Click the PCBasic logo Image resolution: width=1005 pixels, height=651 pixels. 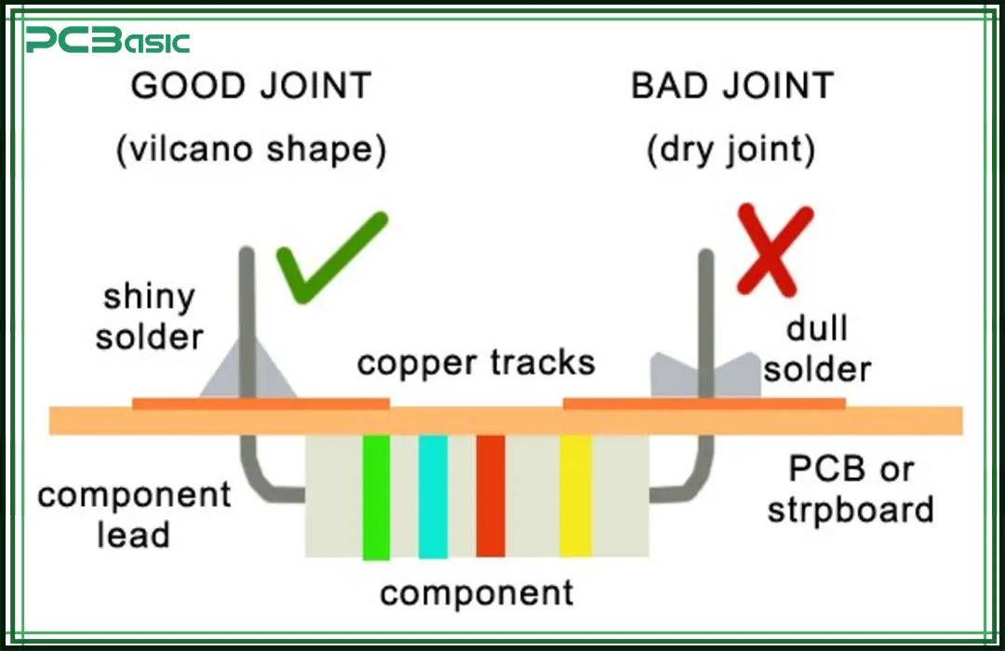click(x=107, y=40)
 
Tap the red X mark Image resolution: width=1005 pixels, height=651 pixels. click(x=774, y=249)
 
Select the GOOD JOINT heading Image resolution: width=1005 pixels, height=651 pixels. click(x=251, y=86)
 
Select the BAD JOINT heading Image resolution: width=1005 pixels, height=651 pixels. click(x=732, y=86)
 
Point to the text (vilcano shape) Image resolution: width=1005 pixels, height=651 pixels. click(x=251, y=150)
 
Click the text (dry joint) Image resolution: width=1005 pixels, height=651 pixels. click(x=731, y=150)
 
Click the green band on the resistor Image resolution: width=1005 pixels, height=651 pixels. click(x=376, y=497)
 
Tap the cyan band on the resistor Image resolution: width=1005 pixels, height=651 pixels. click(x=433, y=497)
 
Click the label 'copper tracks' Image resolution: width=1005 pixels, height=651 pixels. click(x=476, y=362)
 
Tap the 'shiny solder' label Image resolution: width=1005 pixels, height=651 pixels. click(x=150, y=317)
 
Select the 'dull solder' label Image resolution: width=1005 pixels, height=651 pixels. click(x=817, y=348)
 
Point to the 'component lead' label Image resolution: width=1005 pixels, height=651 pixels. click(x=134, y=514)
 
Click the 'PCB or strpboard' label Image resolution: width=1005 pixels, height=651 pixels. click(x=851, y=489)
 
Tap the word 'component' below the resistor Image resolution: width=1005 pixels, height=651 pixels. click(x=476, y=591)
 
